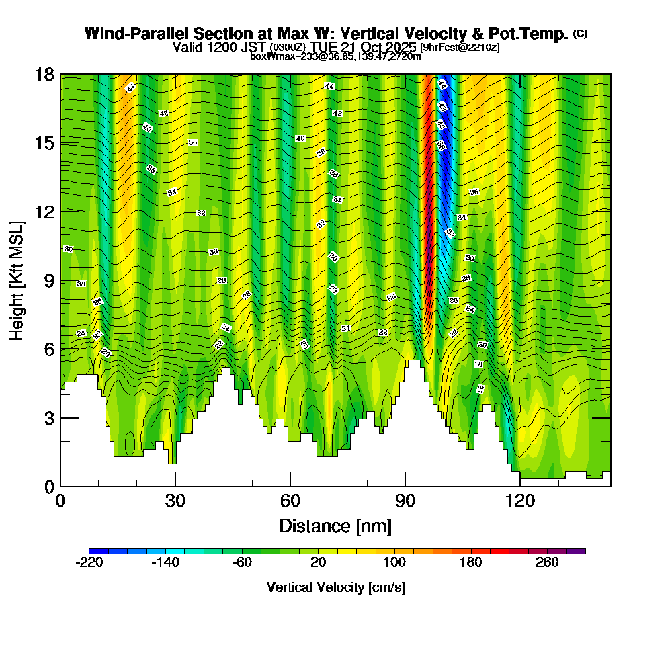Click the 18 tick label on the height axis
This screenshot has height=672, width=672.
pyautogui.click(x=45, y=74)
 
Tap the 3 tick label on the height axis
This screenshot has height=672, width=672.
pyautogui.click(x=48, y=418)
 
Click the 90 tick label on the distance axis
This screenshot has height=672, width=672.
pyautogui.click(x=405, y=501)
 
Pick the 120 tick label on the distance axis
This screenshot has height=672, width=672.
pyautogui.click(x=519, y=501)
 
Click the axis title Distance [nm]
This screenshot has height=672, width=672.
pyautogui.click(x=335, y=525)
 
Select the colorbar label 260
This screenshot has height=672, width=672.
pyautogui.click(x=547, y=562)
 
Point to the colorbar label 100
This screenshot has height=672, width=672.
pyautogui.click(x=394, y=562)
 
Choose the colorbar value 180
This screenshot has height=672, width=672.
pyautogui.click(x=470, y=562)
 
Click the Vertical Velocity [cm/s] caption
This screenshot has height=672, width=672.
pyautogui.click(x=336, y=587)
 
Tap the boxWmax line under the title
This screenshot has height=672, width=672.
pyautogui.click(x=335, y=56)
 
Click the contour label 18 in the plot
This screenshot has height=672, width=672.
pyautogui.click(x=478, y=364)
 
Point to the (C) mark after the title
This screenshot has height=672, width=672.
pyautogui.click(x=581, y=34)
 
